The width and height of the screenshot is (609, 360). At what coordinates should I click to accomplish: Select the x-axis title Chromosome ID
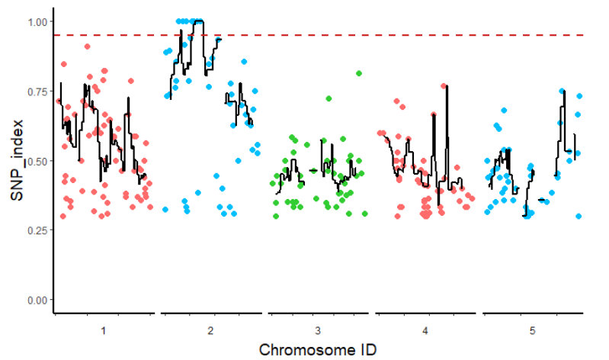[318, 350]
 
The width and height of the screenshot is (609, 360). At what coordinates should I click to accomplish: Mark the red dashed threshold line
[381, 35]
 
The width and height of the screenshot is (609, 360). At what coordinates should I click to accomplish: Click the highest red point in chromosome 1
[88, 47]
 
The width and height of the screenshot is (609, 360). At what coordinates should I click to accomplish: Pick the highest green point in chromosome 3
[359, 73]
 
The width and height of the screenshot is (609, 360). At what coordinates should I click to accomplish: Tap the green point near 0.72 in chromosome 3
[329, 98]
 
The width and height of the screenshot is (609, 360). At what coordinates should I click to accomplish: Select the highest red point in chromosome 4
[444, 86]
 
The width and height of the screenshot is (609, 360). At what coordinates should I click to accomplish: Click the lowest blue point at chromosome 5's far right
[579, 216]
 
